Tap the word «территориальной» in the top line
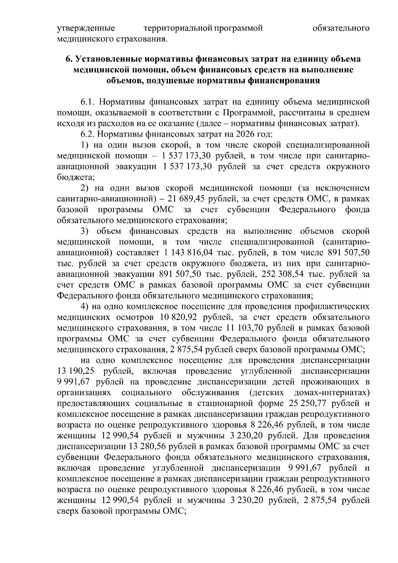pyautogui.click(x=178, y=28)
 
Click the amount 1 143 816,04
pyautogui.click(x=188, y=253)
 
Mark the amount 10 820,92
pyautogui.click(x=179, y=317)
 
